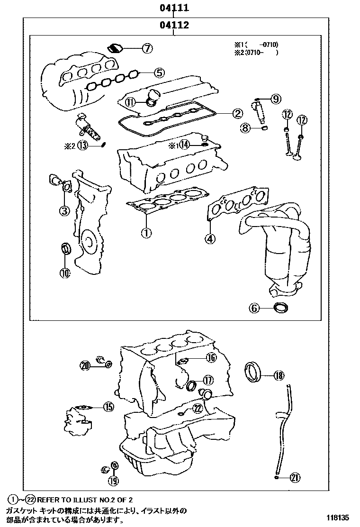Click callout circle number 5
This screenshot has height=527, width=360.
(159, 73)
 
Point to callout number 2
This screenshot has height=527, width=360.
(237, 113)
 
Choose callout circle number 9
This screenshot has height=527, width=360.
(275, 99)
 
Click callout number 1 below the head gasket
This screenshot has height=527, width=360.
(146, 232)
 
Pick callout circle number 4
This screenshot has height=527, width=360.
(210, 239)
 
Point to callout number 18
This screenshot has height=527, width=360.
(279, 376)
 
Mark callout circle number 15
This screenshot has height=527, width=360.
(108, 406)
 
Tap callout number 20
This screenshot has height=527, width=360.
(85, 365)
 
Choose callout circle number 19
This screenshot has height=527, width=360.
(113, 481)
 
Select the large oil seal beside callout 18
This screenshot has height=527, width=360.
(253, 372)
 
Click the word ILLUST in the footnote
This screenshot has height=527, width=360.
(80, 500)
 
